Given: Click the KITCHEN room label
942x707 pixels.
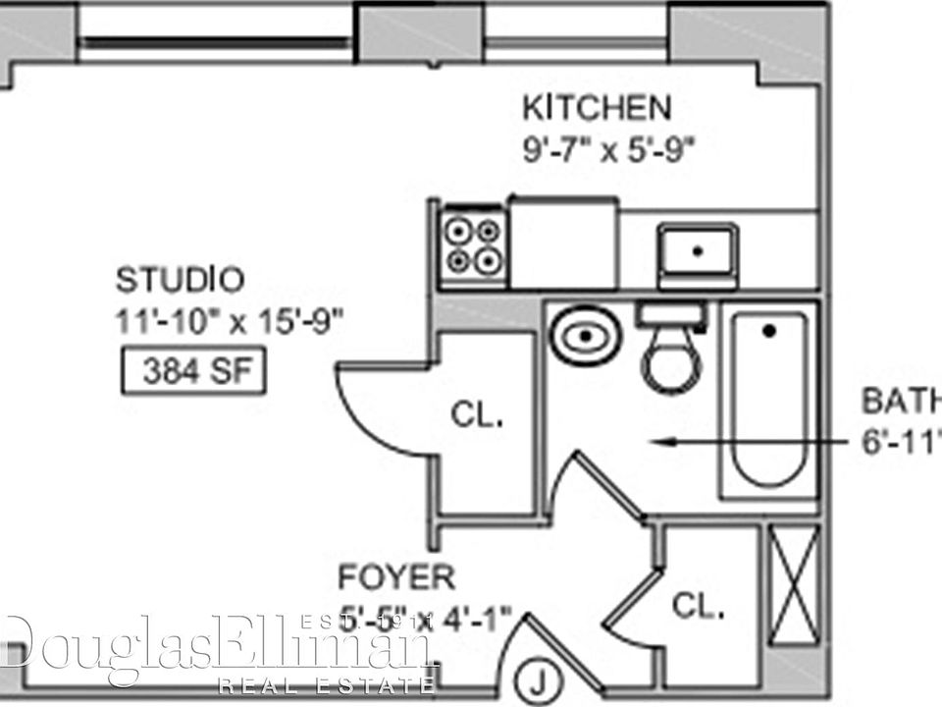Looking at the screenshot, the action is tap(597, 106).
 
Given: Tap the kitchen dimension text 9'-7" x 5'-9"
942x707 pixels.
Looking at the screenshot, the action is tap(609, 150).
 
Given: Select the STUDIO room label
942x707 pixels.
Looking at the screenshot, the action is tap(180, 280).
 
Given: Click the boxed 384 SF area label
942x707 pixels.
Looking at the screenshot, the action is tap(193, 372).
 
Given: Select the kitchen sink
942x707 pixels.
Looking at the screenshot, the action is tap(697, 252).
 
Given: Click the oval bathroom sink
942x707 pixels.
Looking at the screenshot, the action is tap(585, 336).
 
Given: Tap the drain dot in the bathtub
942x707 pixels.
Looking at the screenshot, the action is tap(769, 332).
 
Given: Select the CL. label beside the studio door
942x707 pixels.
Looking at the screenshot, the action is tap(477, 414).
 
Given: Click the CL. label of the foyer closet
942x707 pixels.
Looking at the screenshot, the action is tap(699, 606).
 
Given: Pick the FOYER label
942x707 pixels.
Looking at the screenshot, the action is tap(396, 575).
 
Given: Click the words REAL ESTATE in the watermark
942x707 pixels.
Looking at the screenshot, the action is tap(327, 684).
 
